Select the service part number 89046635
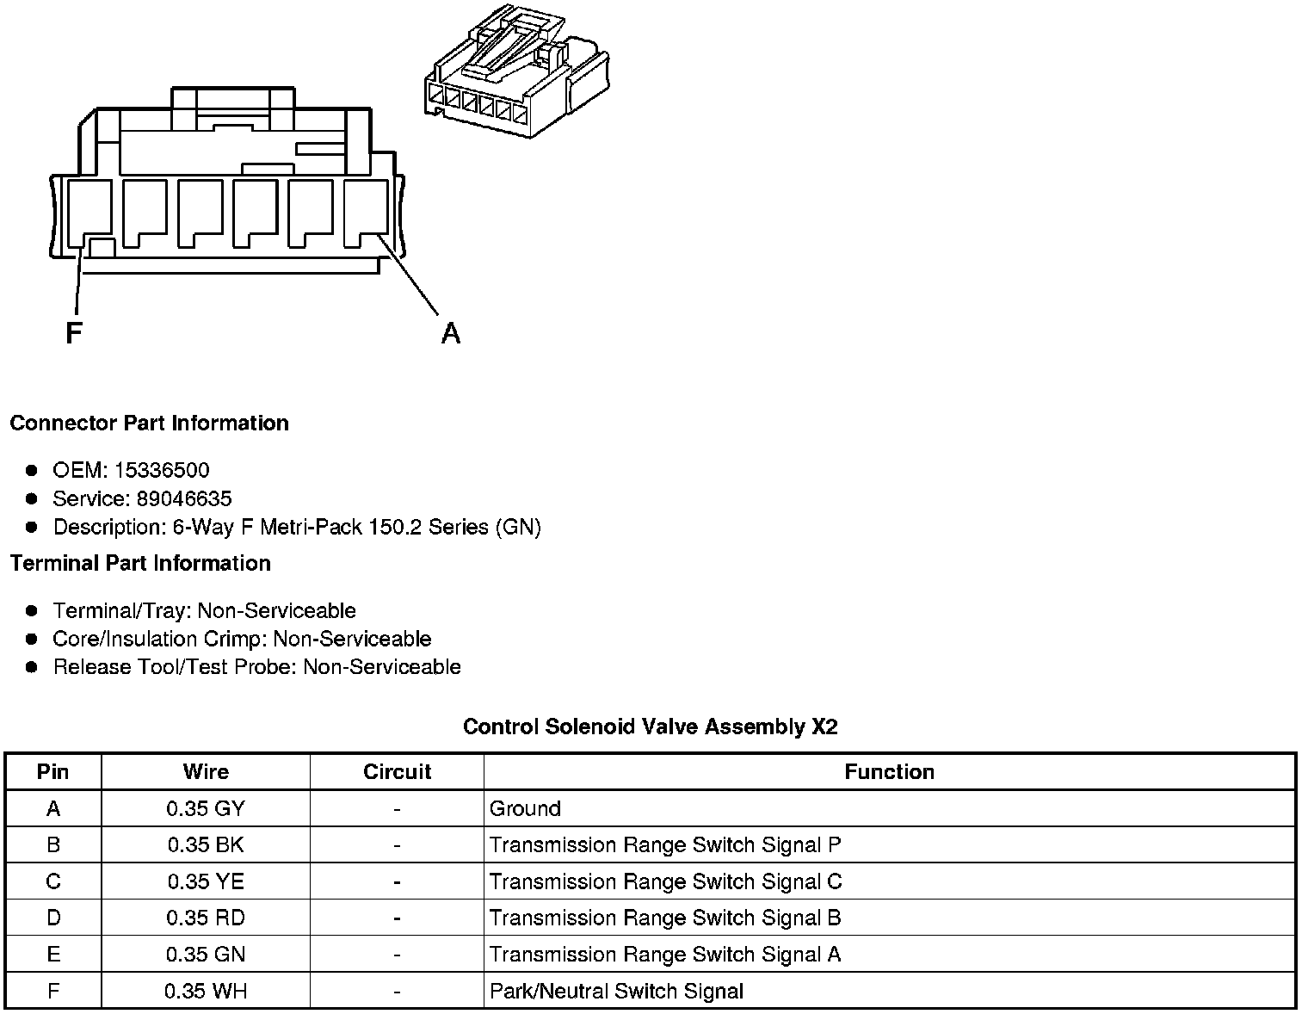point(183,498)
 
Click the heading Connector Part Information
point(149,423)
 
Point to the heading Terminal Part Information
point(140,563)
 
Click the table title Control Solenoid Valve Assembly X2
point(650,726)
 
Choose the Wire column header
point(206,771)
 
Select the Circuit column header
point(397,771)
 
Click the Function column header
point(889,771)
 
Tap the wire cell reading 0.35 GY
point(206,808)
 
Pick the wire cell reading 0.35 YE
point(206,881)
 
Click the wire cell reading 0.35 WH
point(206,991)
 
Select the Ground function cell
point(525,808)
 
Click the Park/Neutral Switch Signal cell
point(616,991)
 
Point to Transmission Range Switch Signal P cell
point(665,844)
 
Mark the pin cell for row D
point(53,918)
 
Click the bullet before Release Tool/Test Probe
point(32,667)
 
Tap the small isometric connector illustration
point(517,73)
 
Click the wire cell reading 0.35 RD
point(206,918)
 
